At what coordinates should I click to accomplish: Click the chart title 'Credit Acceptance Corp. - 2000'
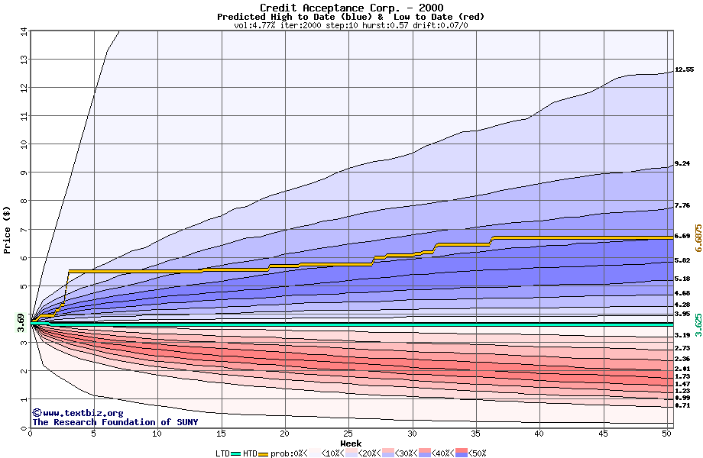351,8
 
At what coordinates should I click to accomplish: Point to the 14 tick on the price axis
24,31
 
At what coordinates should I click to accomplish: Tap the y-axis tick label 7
24,229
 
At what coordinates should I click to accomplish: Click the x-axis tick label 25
348,434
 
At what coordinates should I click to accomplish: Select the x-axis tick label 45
603,434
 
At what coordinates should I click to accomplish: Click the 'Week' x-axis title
351,443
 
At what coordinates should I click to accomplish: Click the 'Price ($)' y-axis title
8,229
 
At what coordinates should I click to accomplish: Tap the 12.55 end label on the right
684,69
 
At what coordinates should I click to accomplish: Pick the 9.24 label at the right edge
682,164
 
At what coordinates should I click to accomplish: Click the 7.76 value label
682,205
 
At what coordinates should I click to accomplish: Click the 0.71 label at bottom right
682,406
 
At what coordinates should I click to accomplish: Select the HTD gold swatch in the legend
264,453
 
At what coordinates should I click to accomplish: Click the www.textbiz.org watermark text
72,413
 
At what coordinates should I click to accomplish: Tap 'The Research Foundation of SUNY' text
115,422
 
